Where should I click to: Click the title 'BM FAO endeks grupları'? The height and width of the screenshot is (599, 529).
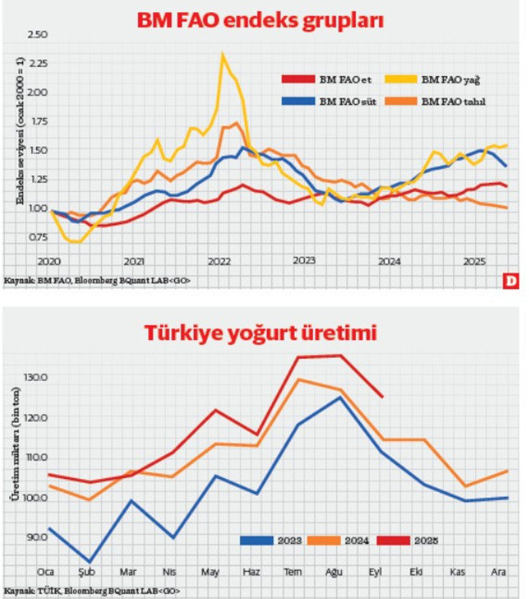pyautogui.click(x=261, y=20)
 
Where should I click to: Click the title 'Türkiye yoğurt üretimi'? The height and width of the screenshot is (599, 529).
pyautogui.click(x=261, y=333)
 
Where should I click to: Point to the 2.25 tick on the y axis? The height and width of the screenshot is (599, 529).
pyautogui.click(x=39, y=63)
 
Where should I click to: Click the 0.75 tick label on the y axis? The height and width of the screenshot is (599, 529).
pyautogui.click(x=39, y=237)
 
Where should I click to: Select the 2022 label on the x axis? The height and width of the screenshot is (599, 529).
pyautogui.click(x=219, y=261)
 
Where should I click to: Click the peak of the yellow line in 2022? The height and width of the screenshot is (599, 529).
pyautogui.click(x=222, y=54)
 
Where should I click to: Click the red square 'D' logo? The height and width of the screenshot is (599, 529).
pyautogui.click(x=509, y=279)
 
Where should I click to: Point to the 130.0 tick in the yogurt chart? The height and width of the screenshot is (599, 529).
pyautogui.click(x=35, y=377)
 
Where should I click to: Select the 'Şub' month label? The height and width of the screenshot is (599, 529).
pyautogui.click(x=87, y=572)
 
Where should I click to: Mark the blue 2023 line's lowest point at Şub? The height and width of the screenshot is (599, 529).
pyautogui.click(x=90, y=562)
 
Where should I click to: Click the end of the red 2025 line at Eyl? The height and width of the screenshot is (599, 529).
pyautogui.click(x=383, y=397)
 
